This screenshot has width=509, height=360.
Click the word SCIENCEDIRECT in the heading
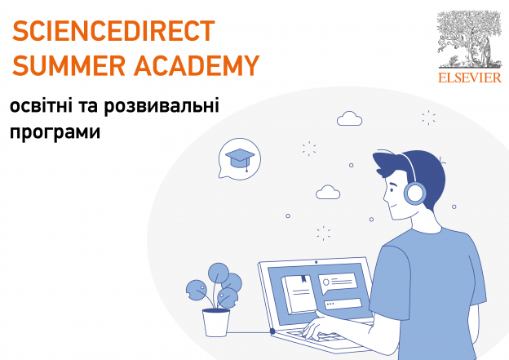tap(113, 30)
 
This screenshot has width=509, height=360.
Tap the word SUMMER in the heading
tap(69, 65)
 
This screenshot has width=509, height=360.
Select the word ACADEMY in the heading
tap(197, 65)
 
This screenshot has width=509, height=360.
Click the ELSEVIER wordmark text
tap(470, 78)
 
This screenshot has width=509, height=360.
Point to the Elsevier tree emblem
tap(469, 39)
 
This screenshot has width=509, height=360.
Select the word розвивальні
tap(162, 106)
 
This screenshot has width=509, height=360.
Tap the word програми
tap(55, 132)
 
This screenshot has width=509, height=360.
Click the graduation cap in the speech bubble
tap(240, 158)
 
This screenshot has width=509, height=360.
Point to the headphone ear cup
tap(415, 193)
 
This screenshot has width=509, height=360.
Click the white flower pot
tap(216, 322)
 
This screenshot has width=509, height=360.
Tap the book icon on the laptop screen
tap(299, 294)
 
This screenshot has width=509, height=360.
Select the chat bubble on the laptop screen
tap(338, 282)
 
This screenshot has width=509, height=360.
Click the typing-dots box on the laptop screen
tap(343, 304)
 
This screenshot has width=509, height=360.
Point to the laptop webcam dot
tap(316, 262)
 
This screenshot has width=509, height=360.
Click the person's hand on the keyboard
tap(320, 327)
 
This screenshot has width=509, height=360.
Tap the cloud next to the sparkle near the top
tap(349, 118)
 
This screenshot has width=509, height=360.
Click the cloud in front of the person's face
tap(328, 192)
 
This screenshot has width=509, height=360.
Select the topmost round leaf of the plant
tap(219, 273)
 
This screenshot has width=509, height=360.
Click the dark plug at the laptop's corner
tap(272, 331)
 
